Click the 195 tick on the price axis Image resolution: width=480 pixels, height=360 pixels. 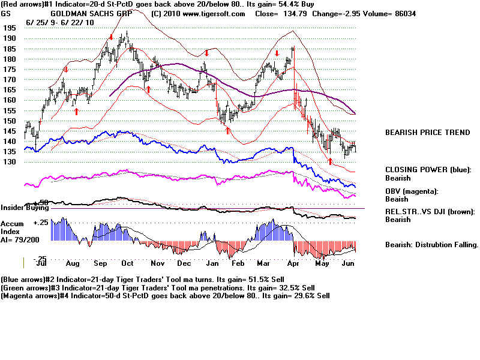tap(9, 28)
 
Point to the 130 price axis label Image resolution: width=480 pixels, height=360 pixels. tap(9, 162)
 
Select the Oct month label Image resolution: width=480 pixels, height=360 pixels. tap(127, 263)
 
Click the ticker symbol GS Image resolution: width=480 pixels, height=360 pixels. tap(6, 13)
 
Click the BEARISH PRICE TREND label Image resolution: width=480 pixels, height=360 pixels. tap(427, 133)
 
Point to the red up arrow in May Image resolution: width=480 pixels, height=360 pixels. tap(330, 161)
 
